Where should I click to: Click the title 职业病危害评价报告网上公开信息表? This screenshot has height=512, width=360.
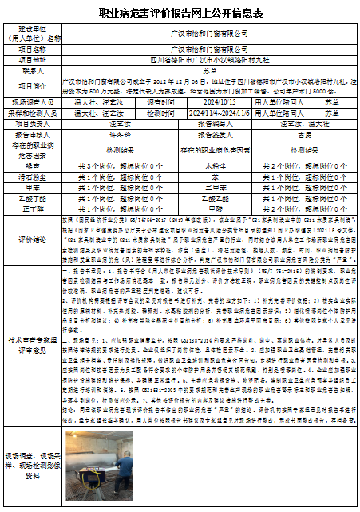coord(180,14)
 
